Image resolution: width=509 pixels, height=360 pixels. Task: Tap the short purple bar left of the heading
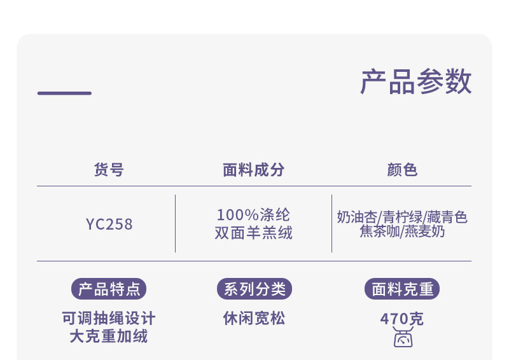[64, 93]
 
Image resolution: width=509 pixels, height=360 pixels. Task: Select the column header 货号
[109, 170]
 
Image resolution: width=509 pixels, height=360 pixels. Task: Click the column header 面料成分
[253, 170]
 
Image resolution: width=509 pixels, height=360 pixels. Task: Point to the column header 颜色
[402, 170]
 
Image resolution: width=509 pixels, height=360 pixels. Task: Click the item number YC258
[109, 224]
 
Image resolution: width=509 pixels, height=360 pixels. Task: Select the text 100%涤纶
[253, 215]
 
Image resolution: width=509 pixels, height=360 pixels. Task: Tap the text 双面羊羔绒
[253, 233]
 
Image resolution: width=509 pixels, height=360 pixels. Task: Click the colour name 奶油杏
[357, 218]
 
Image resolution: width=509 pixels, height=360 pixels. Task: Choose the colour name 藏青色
[447, 218]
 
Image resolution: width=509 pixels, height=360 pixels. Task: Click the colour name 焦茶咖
[379, 232]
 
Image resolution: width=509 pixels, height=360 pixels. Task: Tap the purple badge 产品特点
[109, 289]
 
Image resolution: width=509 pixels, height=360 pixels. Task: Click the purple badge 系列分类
[254, 289]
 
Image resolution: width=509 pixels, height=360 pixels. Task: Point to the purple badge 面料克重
[402, 289]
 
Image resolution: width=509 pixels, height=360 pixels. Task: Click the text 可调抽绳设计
[109, 318]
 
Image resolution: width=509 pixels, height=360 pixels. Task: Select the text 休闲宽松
[254, 318]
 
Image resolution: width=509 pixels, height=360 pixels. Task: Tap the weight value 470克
[402, 319]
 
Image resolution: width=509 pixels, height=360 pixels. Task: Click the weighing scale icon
[403, 338]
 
